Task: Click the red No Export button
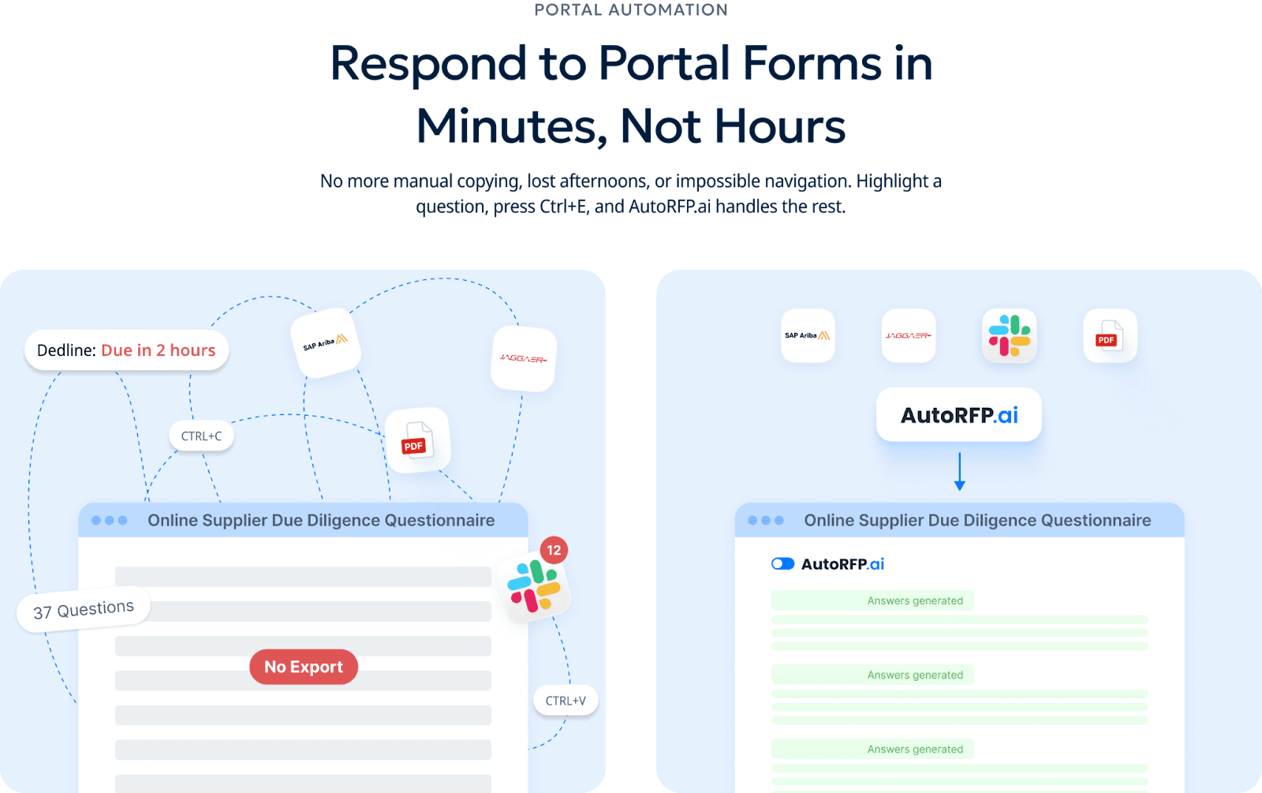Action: click(x=304, y=667)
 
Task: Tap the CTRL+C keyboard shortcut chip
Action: click(x=201, y=436)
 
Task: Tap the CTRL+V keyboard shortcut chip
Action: click(x=566, y=701)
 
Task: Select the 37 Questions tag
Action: click(x=84, y=610)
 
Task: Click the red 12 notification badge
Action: click(x=554, y=550)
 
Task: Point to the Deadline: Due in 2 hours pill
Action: click(x=126, y=350)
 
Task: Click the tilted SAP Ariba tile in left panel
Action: click(x=326, y=342)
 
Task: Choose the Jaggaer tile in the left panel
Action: click(x=523, y=359)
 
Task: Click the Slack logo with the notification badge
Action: click(x=534, y=587)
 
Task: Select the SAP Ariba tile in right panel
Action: click(x=808, y=335)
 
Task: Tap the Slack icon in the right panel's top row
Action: click(x=1010, y=335)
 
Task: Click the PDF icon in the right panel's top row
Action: click(x=1110, y=335)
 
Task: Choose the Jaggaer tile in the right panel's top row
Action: click(x=909, y=335)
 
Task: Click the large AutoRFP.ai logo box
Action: click(x=959, y=415)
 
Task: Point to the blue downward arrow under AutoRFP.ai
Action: click(x=959, y=472)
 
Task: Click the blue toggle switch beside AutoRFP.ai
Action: click(x=782, y=563)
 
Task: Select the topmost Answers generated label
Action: click(x=915, y=600)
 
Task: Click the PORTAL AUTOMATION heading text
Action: click(x=631, y=9)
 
